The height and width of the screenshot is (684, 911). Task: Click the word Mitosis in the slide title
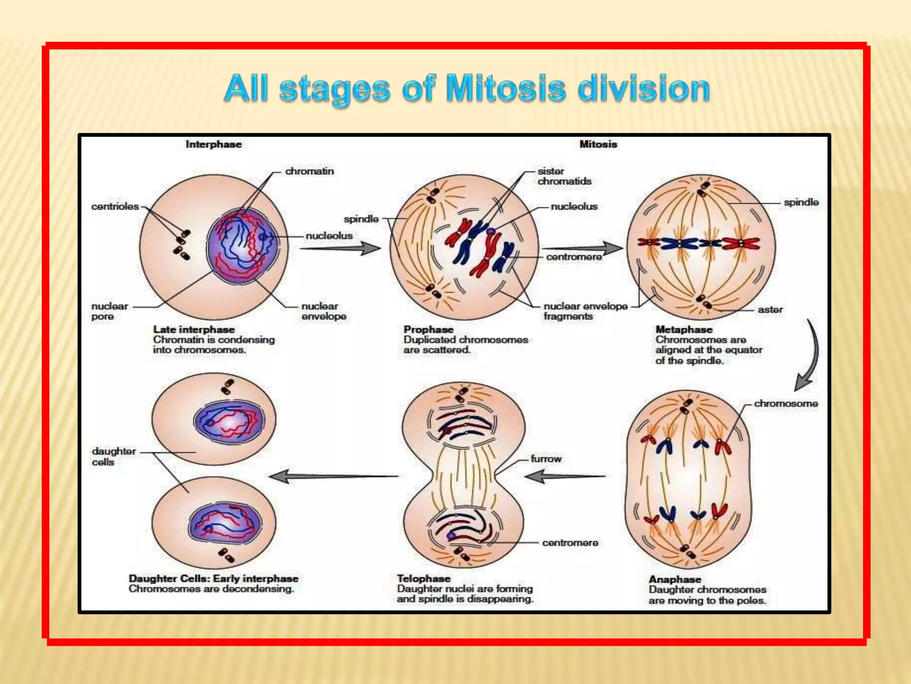[506, 89]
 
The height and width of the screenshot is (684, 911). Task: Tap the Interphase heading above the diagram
[214, 144]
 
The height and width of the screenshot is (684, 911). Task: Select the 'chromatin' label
[310, 171]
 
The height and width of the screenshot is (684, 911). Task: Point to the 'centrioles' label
[115, 207]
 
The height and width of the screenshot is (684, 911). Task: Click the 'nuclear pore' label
[109, 311]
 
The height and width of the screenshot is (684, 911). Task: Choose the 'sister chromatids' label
[564, 176]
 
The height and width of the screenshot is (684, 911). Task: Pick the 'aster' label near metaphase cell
[770, 309]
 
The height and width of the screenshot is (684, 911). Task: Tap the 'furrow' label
[546, 459]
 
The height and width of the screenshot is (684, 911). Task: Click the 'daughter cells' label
[113, 456]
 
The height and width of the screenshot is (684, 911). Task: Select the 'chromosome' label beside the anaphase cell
[786, 403]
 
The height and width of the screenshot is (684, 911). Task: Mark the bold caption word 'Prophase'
[428, 330]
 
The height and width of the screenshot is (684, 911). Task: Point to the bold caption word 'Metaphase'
[684, 330]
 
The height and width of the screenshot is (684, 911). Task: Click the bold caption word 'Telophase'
[423, 578]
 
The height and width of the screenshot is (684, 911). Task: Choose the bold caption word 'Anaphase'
[675, 579]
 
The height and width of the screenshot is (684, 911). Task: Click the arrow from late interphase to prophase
[340, 248]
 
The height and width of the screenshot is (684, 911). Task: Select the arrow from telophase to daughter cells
[334, 476]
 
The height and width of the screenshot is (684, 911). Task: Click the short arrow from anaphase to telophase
[565, 476]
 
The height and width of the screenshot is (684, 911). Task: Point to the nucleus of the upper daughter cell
[229, 421]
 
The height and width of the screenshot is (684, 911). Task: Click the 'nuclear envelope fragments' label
[585, 311]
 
